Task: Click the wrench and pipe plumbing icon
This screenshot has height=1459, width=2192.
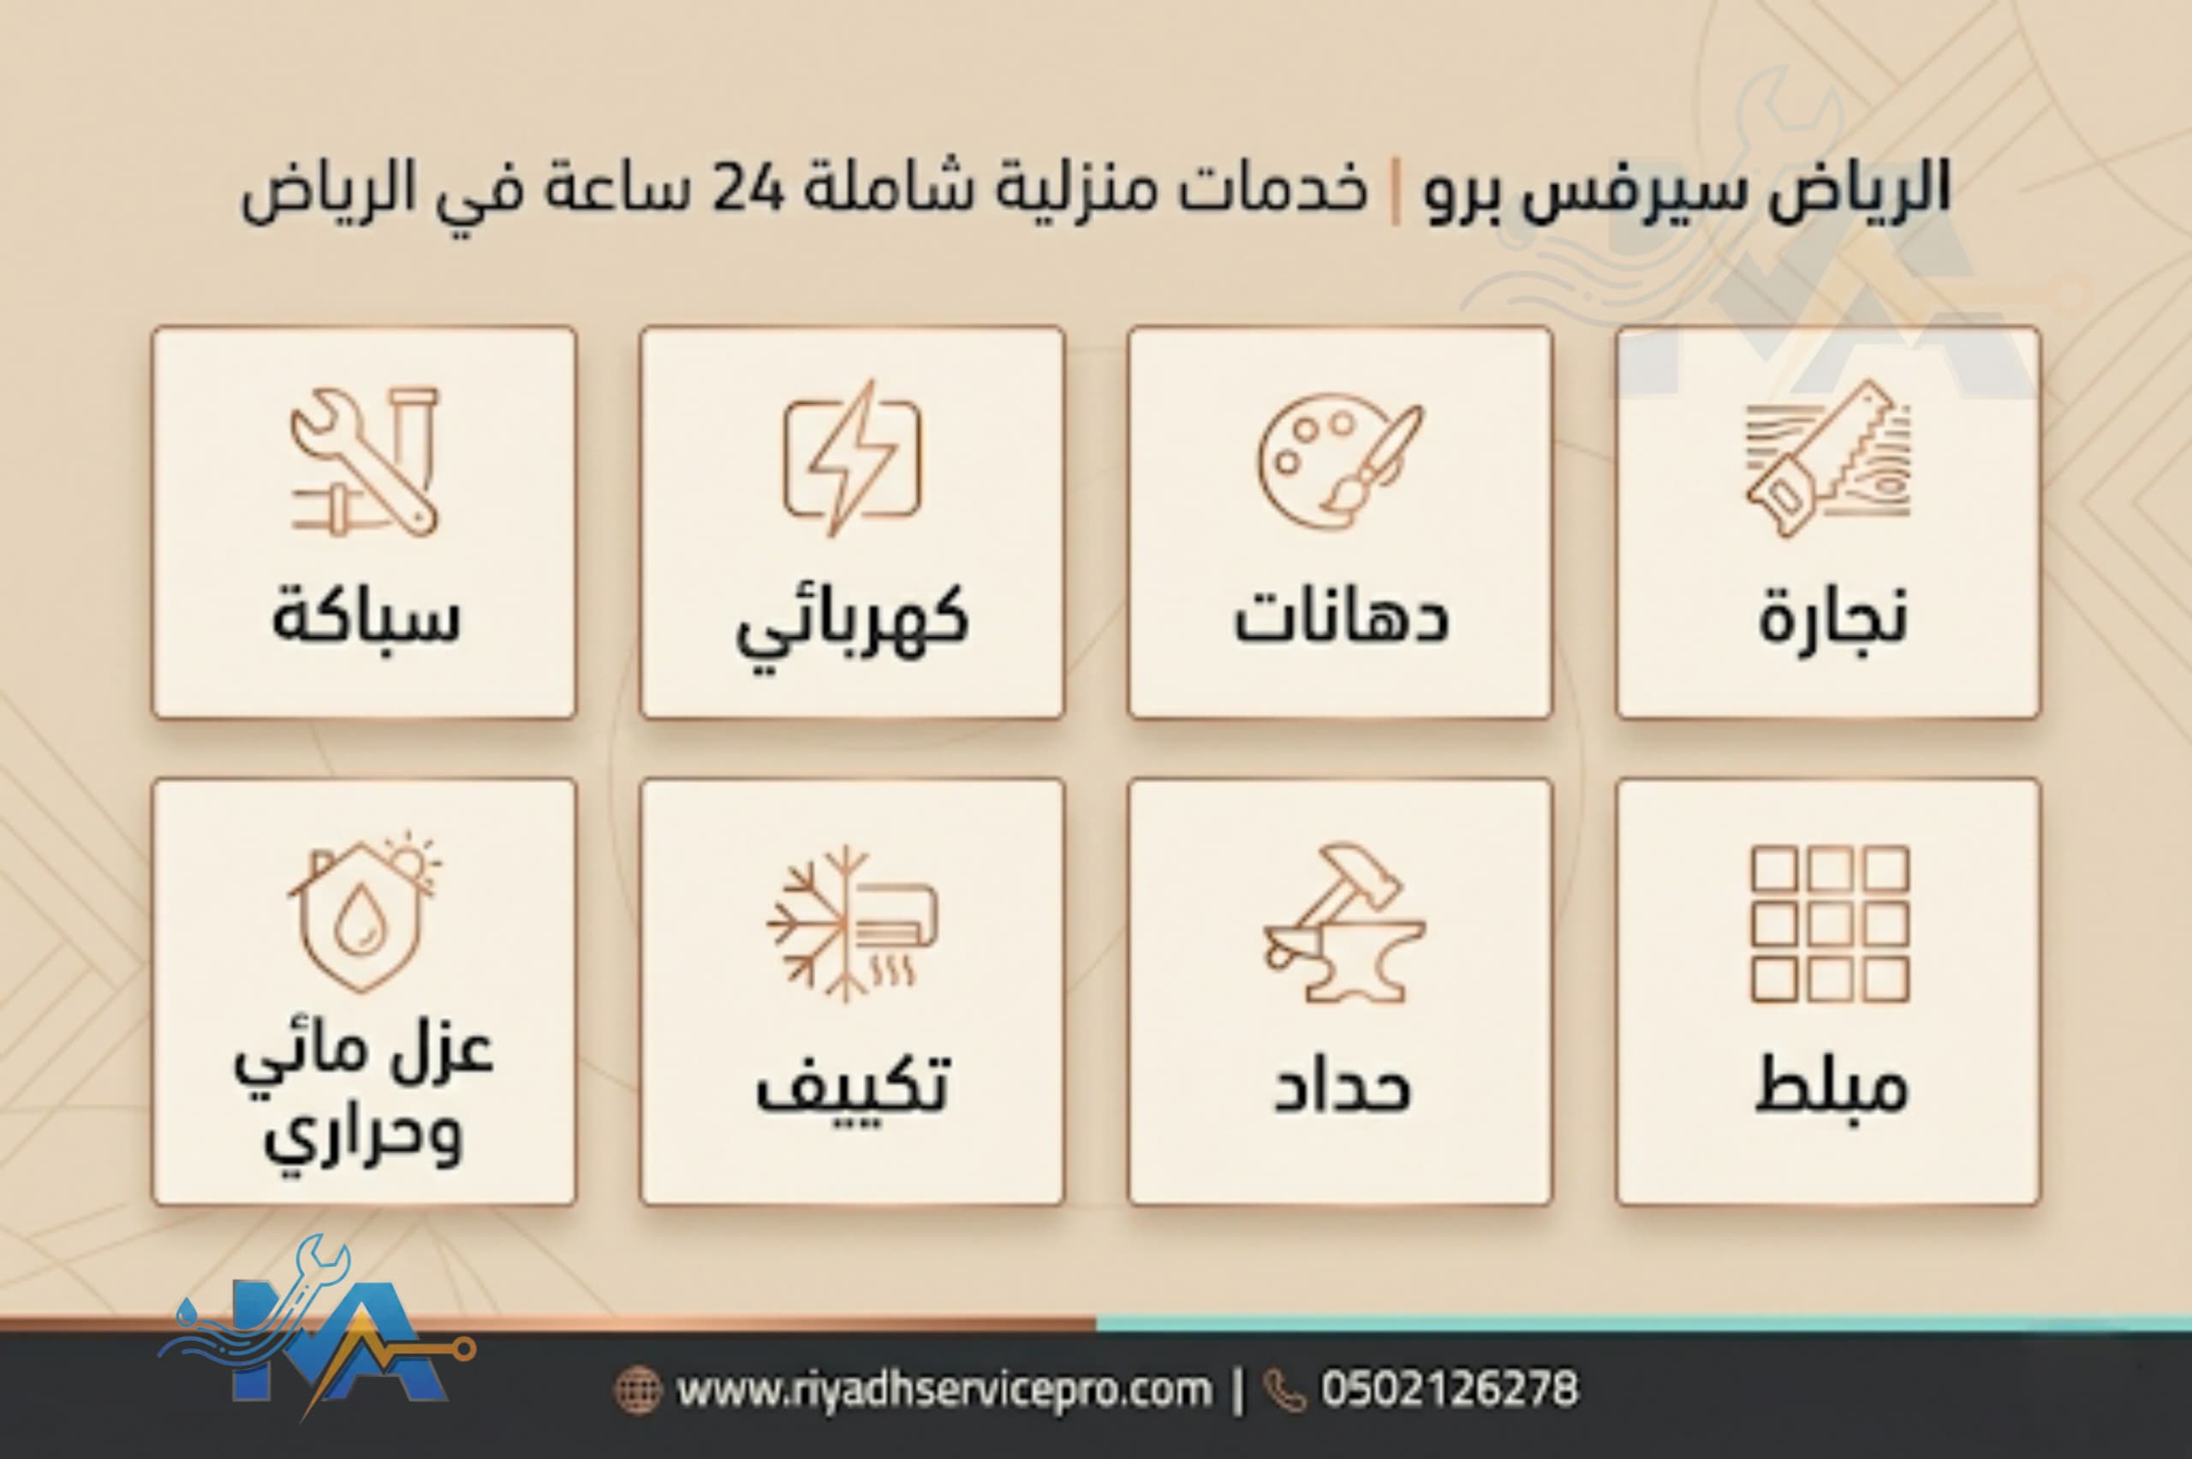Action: (x=364, y=462)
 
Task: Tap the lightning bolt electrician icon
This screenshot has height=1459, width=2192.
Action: (x=851, y=458)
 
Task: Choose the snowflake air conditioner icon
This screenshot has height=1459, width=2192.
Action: (x=851, y=923)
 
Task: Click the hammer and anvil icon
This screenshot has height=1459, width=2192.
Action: (x=1343, y=923)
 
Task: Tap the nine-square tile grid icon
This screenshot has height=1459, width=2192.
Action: (x=1829, y=923)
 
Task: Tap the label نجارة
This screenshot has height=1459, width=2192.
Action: (x=1832, y=620)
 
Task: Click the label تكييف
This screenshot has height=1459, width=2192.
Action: (x=851, y=1084)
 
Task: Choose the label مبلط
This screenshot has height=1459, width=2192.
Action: (x=1830, y=1085)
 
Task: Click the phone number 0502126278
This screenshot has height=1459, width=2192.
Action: (x=1450, y=1389)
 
